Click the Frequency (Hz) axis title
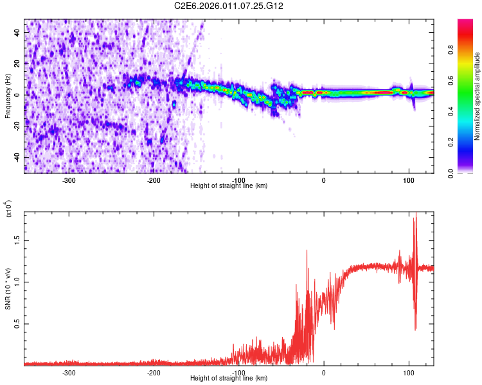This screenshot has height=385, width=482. [8, 96]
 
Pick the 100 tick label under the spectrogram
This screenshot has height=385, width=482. [408, 179]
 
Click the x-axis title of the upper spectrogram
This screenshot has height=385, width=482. [229, 185]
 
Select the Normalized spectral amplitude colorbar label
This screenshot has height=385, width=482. [478, 96]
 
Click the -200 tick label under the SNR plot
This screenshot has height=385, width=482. [154, 372]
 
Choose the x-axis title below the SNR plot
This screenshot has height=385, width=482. [229, 378]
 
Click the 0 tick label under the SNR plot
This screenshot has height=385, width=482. [324, 372]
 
